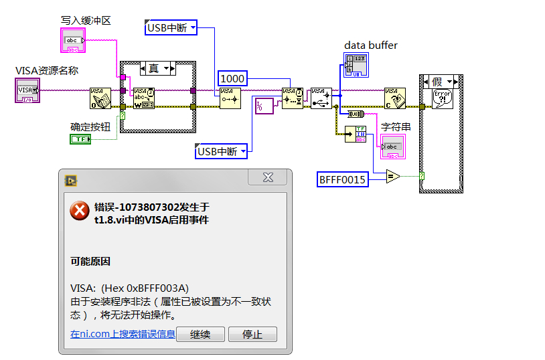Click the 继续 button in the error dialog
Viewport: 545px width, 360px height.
pyautogui.click(x=200, y=335)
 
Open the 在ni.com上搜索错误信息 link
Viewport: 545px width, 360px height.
pyautogui.click(x=123, y=334)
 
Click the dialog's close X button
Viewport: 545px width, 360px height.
pyautogui.click(x=268, y=177)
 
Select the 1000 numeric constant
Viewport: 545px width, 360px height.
pyautogui.click(x=232, y=78)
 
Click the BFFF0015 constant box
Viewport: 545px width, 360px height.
pyautogui.click(x=343, y=179)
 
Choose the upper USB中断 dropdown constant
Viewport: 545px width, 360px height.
pyautogui.click(x=172, y=27)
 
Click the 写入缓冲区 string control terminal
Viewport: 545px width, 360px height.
pyautogui.click(x=72, y=41)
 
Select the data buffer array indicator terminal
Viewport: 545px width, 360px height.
pyautogui.click(x=355, y=66)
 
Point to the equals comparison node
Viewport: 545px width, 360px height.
pyautogui.click(x=392, y=177)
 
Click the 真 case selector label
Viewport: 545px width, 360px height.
pyautogui.click(x=155, y=68)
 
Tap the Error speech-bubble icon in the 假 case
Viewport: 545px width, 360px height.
pyautogui.click(x=443, y=98)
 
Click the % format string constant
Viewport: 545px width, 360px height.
pyautogui.click(x=264, y=105)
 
